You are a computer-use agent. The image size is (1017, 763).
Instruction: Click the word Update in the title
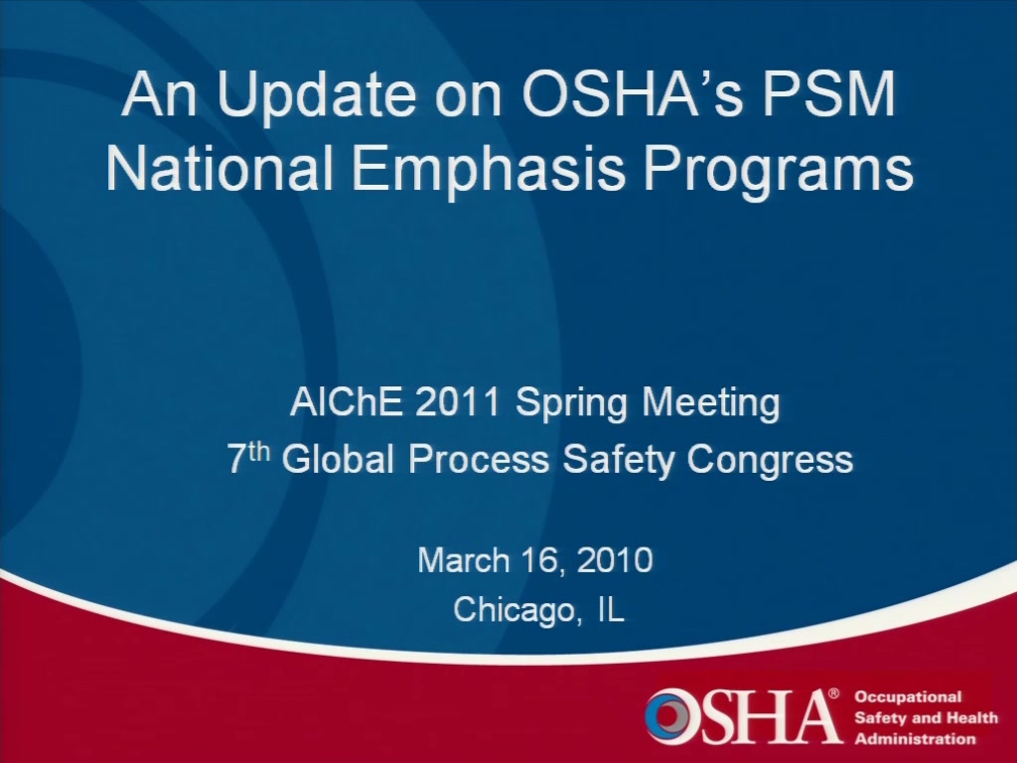pyautogui.click(x=317, y=96)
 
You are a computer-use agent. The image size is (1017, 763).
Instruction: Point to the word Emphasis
pyautogui.click(x=489, y=170)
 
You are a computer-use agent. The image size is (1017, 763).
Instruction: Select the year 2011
pyautogui.click(x=457, y=401)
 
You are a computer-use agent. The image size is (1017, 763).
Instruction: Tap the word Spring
pyautogui.click(x=571, y=404)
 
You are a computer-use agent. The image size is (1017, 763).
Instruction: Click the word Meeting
pyautogui.click(x=711, y=404)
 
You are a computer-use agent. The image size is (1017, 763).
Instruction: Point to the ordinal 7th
pyautogui.click(x=248, y=457)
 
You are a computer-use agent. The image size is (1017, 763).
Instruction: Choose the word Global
pyautogui.click(x=338, y=459)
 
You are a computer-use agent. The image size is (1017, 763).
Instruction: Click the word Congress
pyautogui.click(x=770, y=461)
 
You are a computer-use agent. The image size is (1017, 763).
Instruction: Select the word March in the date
pyautogui.click(x=464, y=560)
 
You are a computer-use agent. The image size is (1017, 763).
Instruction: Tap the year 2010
pyautogui.click(x=614, y=560)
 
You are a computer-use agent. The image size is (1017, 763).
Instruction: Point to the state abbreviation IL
pyautogui.click(x=611, y=609)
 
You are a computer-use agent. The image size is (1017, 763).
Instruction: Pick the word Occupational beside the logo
pyautogui.click(x=908, y=697)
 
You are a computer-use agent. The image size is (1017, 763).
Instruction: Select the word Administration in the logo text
pyautogui.click(x=915, y=739)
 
